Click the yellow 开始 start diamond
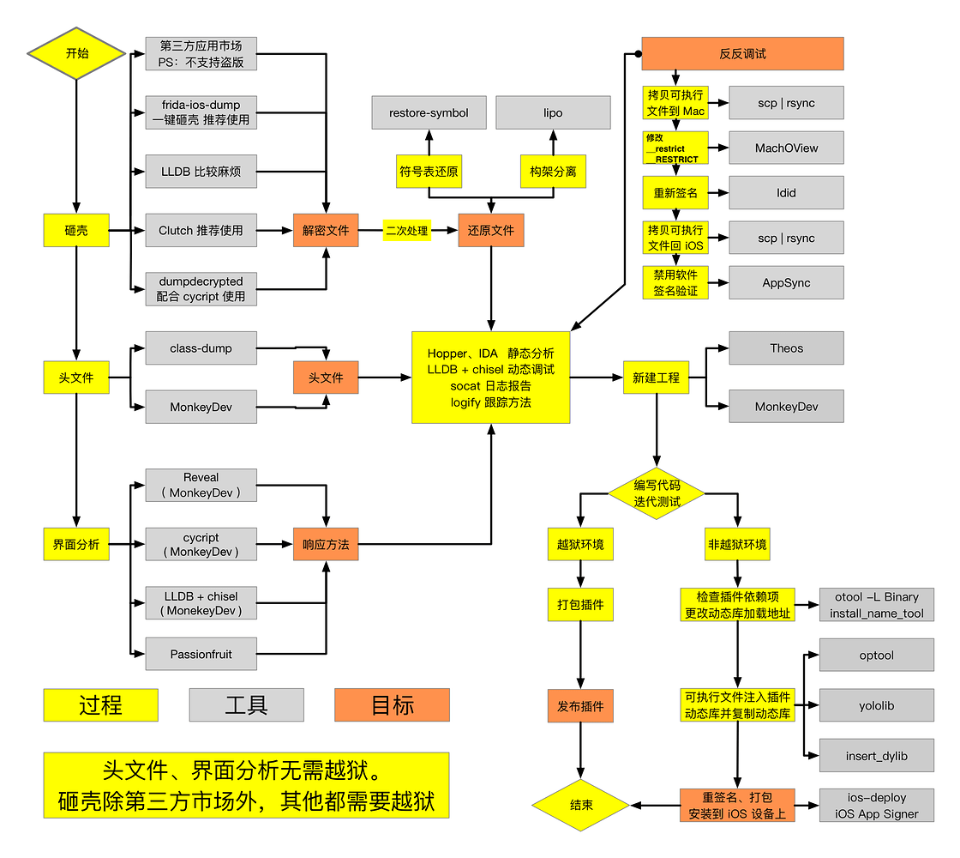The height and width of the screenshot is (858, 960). click(x=76, y=53)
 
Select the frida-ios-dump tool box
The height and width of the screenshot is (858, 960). click(x=201, y=112)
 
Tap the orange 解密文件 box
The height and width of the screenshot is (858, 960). click(x=326, y=230)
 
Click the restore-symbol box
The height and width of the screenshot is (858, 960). click(x=429, y=112)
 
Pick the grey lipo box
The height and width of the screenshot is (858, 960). click(x=553, y=112)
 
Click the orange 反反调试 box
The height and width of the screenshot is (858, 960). click(x=742, y=53)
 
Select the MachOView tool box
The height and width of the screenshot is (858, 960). click(x=786, y=148)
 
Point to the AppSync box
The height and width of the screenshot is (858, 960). click(x=786, y=282)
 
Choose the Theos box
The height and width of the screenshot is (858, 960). click(x=786, y=348)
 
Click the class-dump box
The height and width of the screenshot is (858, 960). click(x=201, y=348)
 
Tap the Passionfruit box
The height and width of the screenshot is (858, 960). click(x=201, y=654)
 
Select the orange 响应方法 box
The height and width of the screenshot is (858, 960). click(x=326, y=544)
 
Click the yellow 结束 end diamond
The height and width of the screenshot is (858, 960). click(x=580, y=806)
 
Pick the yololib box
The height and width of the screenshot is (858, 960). click(x=876, y=705)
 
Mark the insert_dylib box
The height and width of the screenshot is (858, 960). click(x=876, y=756)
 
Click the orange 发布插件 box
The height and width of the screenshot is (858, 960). click(x=580, y=706)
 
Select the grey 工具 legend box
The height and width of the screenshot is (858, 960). click(x=246, y=705)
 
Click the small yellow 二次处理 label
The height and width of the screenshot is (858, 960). click(x=407, y=230)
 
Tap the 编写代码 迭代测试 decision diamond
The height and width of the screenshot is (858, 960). click(x=657, y=493)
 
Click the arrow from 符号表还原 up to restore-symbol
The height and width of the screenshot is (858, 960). click(x=429, y=142)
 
